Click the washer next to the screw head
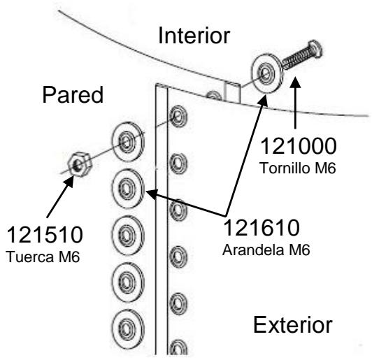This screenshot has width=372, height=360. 266,73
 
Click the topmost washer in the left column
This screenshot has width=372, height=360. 127,144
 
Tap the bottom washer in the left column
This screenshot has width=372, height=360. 127,325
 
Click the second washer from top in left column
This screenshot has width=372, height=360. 128,187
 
